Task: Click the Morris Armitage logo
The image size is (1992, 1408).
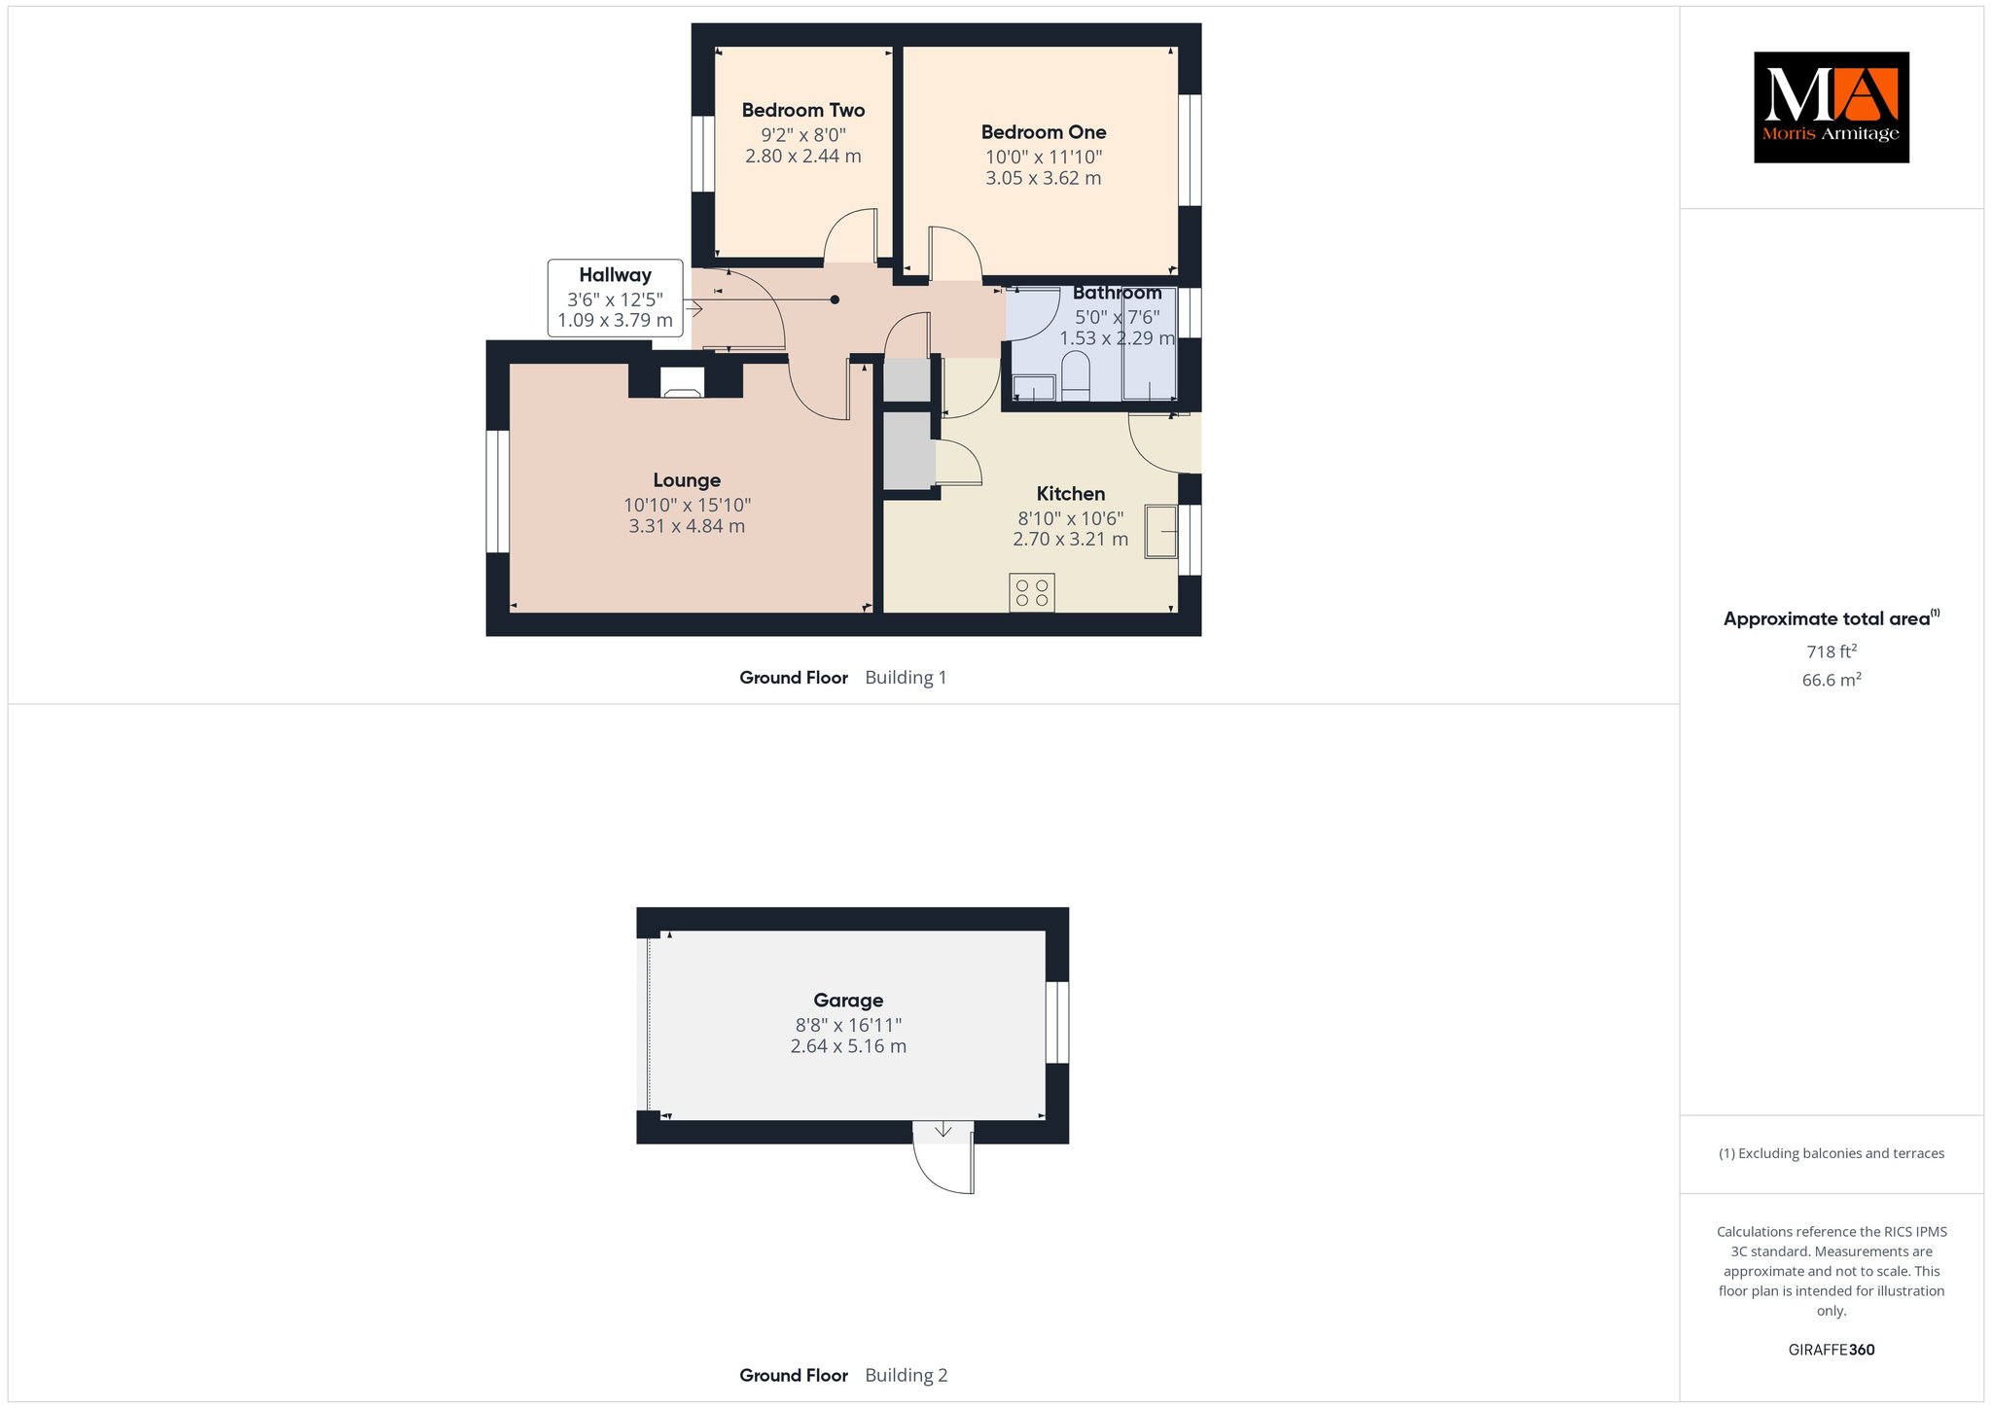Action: [1831, 107]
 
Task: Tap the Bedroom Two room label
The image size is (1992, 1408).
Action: [803, 110]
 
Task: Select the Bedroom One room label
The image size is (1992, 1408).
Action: [1044, 132]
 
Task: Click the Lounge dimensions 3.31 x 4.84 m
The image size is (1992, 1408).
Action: [687, 526]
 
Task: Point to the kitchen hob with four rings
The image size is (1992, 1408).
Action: [1032, 593]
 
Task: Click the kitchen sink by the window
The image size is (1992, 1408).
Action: [1161, 532]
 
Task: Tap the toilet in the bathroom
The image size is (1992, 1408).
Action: [1076, 375]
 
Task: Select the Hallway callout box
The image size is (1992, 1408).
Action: [615, 298]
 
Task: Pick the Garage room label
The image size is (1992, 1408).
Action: [848, 1001]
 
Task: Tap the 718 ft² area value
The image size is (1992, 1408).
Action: [1832, 651]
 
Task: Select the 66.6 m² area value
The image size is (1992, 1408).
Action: [1832, 680]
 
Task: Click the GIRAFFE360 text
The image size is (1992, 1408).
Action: [1832, 1350]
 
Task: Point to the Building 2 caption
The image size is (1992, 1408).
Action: [906, 1375]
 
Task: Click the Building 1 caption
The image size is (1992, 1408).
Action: [906, 678]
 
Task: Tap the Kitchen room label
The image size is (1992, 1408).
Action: [1071, 494]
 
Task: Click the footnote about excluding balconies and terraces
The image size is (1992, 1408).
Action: [1832, 1153]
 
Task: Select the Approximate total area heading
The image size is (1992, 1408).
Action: [1832, 618]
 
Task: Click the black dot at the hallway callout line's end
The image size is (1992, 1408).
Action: [835, 299]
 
